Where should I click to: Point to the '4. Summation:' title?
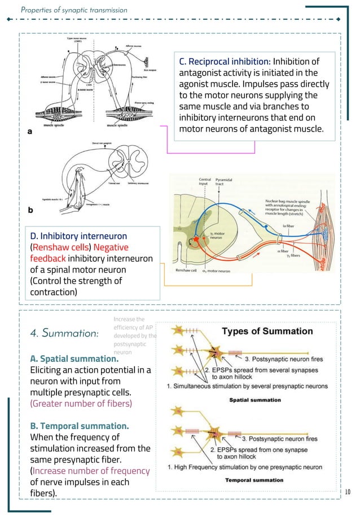(x=63, y=333)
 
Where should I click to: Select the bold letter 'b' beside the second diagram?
(x=30, y=209)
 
